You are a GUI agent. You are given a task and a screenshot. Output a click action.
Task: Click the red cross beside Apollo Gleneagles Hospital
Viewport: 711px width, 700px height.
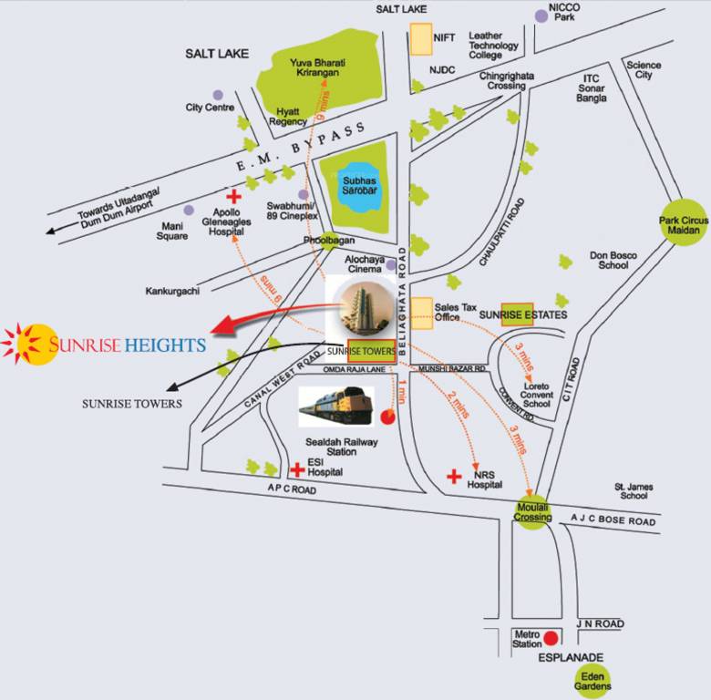click(234, 196)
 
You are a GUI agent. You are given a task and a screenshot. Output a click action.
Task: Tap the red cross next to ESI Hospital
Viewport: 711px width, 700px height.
click(296, 469)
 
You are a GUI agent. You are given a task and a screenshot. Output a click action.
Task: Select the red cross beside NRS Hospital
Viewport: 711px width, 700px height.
click(454, 476)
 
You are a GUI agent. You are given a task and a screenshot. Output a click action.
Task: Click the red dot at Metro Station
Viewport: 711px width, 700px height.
click(551, 637)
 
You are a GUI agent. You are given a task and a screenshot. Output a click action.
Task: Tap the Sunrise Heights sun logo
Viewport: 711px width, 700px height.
click(30, 344)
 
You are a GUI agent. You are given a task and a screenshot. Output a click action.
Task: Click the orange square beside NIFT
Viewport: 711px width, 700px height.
click(420, 38)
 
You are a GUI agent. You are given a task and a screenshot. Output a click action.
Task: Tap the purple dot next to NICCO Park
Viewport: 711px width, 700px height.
click(541, 15)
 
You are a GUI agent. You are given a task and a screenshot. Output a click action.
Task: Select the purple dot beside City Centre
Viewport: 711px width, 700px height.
click(218, 95)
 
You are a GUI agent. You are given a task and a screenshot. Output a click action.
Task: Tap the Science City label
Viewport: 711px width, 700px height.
click(644, 69)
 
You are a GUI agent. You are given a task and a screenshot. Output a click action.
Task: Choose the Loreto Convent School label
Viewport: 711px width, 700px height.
click(537, 394)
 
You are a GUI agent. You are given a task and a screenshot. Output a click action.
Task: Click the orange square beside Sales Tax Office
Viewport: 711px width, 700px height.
click(420, 311)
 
